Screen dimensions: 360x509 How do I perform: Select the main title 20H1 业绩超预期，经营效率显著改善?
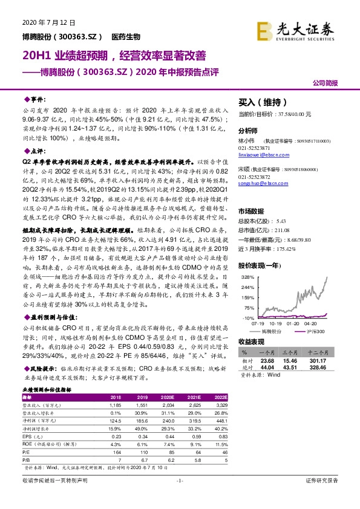(x=110, y=56)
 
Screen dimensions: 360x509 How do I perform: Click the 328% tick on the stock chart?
(x=247, y=276)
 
